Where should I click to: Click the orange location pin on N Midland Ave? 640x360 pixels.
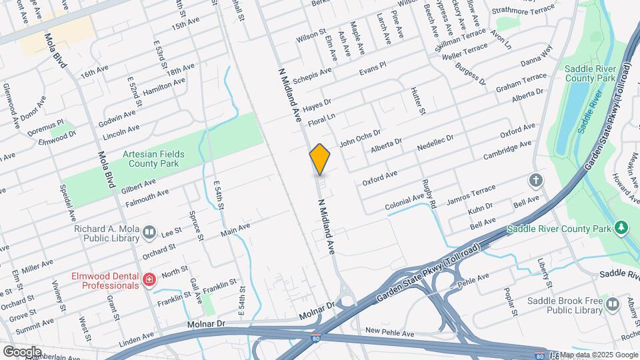[x=320, y=159]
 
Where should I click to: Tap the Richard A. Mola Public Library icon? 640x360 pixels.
[x=149, y=233]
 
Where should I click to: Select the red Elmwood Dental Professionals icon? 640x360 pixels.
[x=149, y=279]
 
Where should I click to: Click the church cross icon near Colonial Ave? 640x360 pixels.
[x=535, y=180]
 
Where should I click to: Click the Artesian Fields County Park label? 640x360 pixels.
[x=153, y=159]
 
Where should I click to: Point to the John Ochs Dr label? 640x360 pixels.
[x=359, y=137]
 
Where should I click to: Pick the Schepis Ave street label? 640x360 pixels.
[x=312, y=75]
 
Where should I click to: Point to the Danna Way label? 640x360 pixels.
[x=537, y=55]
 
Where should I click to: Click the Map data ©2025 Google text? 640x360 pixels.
[x=597, y=354]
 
